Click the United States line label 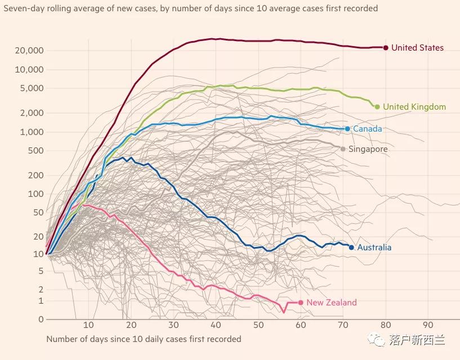coord(417,48)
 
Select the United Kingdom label coord(414,107)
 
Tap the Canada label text coord(367,129)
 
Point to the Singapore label coord(368,149)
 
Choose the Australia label coord(374,247)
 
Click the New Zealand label coord(332,303)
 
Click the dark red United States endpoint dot coord(386,48)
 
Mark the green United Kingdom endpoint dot coord(377,107)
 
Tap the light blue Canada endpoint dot coord(347,129)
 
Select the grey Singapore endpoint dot coord(343,149)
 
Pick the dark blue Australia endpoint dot coord(351,247)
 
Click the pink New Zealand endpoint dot coord(301,303)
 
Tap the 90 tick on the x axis coord(428,325)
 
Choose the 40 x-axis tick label coord(216,325)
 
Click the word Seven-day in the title coord(22,8)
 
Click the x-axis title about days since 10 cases coord(144,339)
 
